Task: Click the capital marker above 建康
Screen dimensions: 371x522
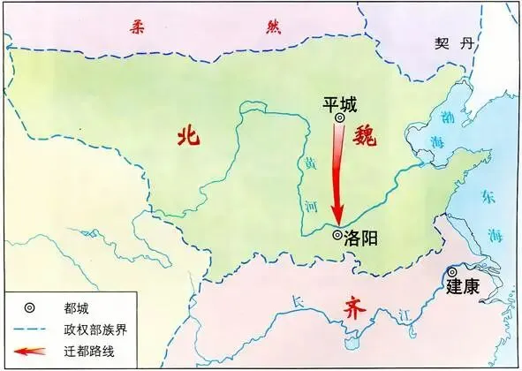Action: pyautogui.click(x=451, y=272)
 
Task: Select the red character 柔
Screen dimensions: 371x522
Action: pyautogui.click(x=135, y=27)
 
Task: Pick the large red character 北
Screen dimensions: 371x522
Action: pyautogui.click(x=187, y=135)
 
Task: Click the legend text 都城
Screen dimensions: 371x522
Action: pyautogui.click(x=76, y=309)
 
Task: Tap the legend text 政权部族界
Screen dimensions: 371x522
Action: pyautogui.click(x=95, y=330)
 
